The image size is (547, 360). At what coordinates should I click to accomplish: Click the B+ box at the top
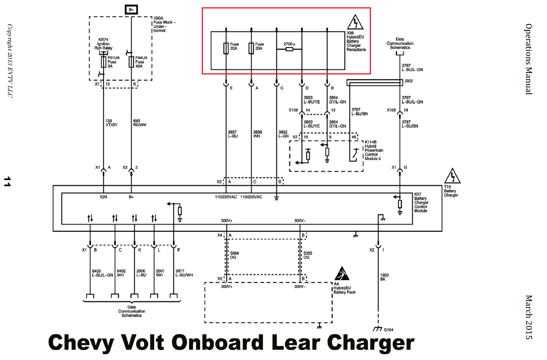[x=131, y=10]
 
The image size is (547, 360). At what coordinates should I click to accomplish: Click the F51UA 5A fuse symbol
[x=103, y=62]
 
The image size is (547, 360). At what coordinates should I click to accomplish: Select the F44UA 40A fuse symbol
[x=131, y=62]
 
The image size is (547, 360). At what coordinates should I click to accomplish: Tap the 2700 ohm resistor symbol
[x=290, y=49]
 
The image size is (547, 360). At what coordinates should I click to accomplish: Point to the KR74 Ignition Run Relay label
[x=103, y=44]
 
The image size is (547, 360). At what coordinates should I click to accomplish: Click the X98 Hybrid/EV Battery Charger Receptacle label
[x=356, y=41]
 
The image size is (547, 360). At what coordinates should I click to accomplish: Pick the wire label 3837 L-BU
[x=232, y=134]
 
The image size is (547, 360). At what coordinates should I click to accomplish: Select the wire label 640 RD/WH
[x=139, y=123]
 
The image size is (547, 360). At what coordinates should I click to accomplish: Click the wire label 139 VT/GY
[x=111, y=123]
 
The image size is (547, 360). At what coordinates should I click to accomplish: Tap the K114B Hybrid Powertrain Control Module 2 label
[x=373, y=150]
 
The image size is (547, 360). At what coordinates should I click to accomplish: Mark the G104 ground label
[x=388, y=330]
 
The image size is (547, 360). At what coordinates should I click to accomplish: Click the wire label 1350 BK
[x=384, y=277]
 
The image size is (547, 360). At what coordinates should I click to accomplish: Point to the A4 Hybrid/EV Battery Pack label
[x=344, y=288]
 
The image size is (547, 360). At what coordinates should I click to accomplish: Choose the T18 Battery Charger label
[x=451, y=191]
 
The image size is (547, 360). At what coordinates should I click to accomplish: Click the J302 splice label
[x=408, y=81]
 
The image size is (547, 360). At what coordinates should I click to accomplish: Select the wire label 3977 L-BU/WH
[x=184, y=273]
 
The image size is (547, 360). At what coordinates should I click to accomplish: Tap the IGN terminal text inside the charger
[x=104, y=197]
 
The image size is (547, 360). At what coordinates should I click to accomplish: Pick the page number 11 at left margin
[x=7, y=182]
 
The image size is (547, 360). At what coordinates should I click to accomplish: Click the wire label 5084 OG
[x=234, y=255]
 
